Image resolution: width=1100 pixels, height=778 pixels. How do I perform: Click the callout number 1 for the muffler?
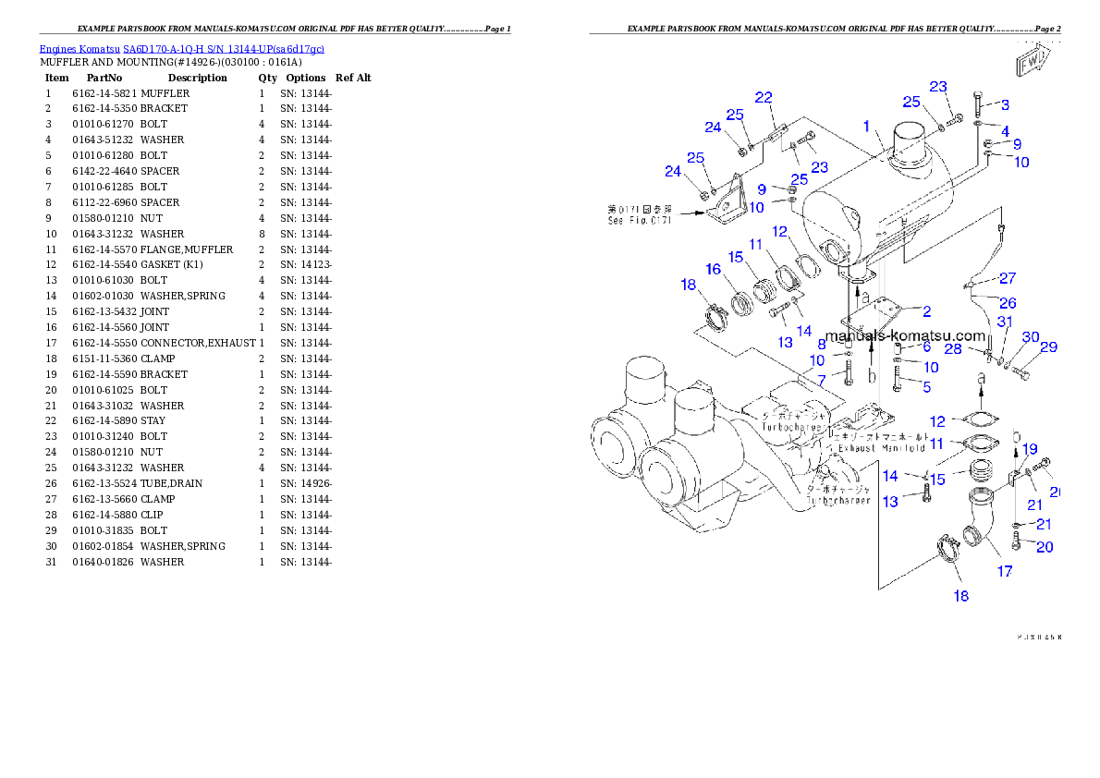pyautogui.click(x=866, y=127)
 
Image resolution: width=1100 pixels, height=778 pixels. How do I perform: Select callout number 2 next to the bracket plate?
pyautogui.click(x=926, y=311)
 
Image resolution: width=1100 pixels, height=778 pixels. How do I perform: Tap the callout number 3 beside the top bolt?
pyautogui.click(x=1005, y=104)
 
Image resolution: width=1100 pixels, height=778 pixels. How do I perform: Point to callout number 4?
pyautogui.click(x=1005, y=131)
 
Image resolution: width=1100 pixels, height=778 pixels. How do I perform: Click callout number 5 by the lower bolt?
pyautogui.click(x=926, y=386)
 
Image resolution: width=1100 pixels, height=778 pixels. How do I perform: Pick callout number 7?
pyautogui.click(x=821, y=379)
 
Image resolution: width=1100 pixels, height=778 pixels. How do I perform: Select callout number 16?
pyautogui.click(x=713, y=269)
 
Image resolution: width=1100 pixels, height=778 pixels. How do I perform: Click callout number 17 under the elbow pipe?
pyautogui.click(x=1005, y=571)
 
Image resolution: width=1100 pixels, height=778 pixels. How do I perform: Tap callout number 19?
pyautogui.click(x=1030, y=449)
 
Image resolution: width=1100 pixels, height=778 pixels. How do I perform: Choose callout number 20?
pyautogui.click(x=1045, y=547)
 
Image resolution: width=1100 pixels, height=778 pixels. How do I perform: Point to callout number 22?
pyautogui.click(x=764, y=97)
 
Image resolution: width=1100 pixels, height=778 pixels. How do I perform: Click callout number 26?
pyautogui.click(x=1008, y=302)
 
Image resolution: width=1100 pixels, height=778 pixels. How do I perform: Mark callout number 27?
pyautogui.click(x=1008, y=278)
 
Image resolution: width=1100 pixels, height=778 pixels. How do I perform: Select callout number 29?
pyautogui.click(x=1049, y=346)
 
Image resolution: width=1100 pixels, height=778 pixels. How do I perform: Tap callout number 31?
pyautogui.click(x=1005, y=322)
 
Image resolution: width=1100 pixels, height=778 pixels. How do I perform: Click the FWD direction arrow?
pyautogui.click(x=1031, y=63)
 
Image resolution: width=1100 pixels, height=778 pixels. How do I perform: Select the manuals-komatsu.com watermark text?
pyautogui.click(x=905, y=336)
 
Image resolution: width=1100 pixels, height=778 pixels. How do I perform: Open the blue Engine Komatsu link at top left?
pyautogui.click(x=181, y=48)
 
